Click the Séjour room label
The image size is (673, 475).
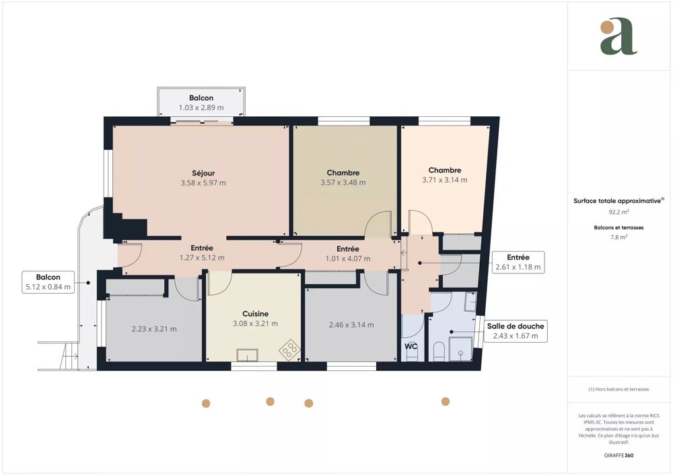[x=203, y=173]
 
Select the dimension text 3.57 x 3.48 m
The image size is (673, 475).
[x=343, y=182]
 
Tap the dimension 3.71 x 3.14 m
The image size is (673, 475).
[x=444, y=180]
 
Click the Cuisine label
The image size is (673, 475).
[x=255, y=314]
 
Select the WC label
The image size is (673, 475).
[x=411, y=347]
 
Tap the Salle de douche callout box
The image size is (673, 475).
[x=516, y=331]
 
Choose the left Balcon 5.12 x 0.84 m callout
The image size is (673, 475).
[x=48, y=282]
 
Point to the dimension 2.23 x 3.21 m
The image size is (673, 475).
[x=153, y=329]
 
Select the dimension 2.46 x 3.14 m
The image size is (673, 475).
[x=351, y=325]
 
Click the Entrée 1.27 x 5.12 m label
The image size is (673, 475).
[x=202, y=253]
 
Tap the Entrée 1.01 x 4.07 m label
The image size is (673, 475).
[x=347, y=254]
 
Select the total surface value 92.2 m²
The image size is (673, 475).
[x=619, y=211]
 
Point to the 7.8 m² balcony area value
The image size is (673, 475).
[x=619, y=237]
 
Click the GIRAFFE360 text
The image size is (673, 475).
[x=619, y=456]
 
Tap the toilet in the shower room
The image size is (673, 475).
[x=439, y=351]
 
